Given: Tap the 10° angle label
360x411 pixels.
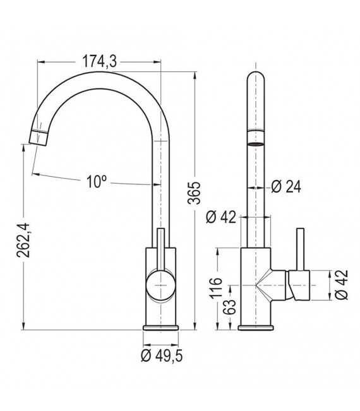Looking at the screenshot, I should click(x=96, y=182).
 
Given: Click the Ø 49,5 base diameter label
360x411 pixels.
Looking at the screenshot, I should click(x=162, y=356).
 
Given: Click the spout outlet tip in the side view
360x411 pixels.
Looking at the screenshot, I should click(x=39, y=137).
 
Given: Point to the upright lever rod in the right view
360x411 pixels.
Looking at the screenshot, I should click(x=299, y=249).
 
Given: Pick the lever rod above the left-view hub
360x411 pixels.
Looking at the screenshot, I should click(x=160, y=249).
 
